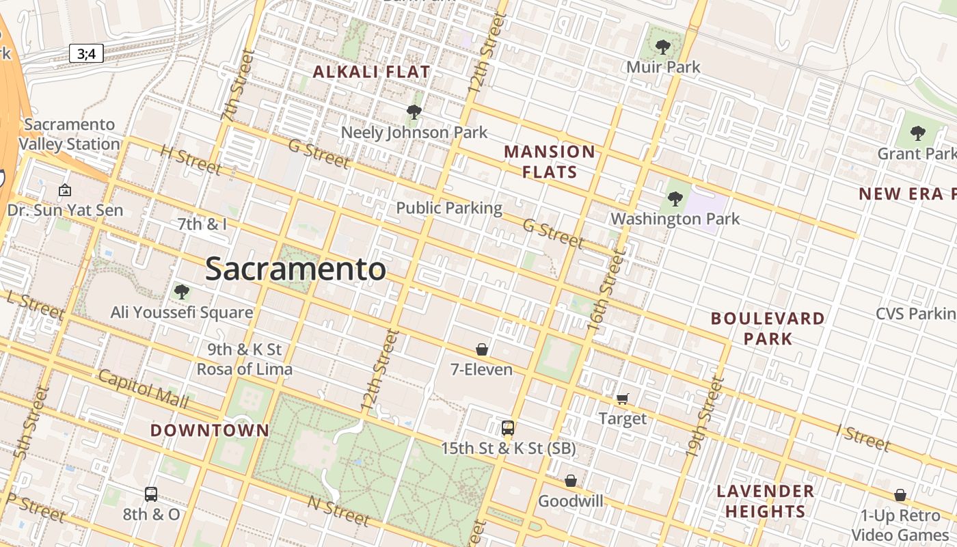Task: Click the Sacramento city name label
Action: click(x=295, y=269)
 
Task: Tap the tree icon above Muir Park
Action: click(x=662, y=47)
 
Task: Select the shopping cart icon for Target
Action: click(x=623, y=399)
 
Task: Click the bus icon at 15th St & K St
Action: click(x=507, y=428)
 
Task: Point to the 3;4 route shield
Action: click(x=86, y=53)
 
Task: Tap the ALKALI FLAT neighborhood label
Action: click(x=371, y=72)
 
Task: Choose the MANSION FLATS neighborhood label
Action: click(x=550, y=161)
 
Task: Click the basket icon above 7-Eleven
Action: click(x=482, y=349)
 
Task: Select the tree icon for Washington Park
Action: click(x=675, y=199)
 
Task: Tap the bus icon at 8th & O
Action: click(x=151, y=494)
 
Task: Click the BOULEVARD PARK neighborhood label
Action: click(x=768, y=328)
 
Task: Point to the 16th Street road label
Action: click(x=606, y=291)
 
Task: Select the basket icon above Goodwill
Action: click(x=571, y=481)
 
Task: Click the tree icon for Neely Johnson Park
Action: click(x=414, y=112)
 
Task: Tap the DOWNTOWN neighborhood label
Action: click(x=209, y=430)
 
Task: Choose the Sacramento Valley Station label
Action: click(x=69, y=135)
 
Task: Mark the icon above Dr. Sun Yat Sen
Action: click(x=65, y=190)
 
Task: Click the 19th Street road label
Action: click(x=704, y=417)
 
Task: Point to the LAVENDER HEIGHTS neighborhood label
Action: click(x=765, y=501)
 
